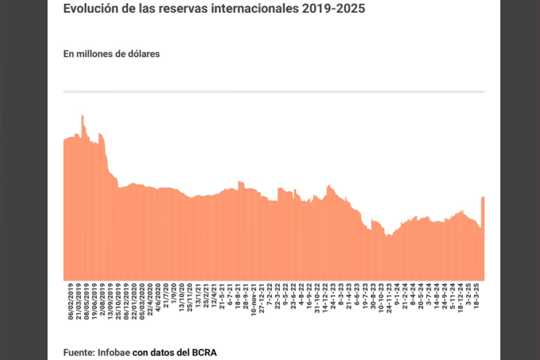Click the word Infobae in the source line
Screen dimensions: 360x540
113,352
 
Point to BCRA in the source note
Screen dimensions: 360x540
203,352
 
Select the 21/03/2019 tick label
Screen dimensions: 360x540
79,303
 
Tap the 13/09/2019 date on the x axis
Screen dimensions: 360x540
110,303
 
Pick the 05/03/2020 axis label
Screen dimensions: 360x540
142,303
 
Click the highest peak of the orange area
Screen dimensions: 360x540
82,116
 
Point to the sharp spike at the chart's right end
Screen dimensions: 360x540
482,198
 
